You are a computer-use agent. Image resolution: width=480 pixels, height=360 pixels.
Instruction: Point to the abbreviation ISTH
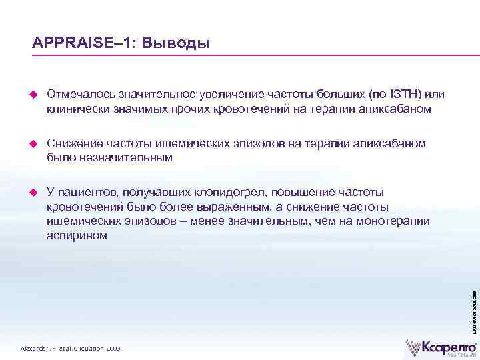[405, 94]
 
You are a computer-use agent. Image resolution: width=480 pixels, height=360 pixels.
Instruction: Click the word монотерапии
[393, 221]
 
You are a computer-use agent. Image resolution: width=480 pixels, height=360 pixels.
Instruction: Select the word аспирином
[77, 235]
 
